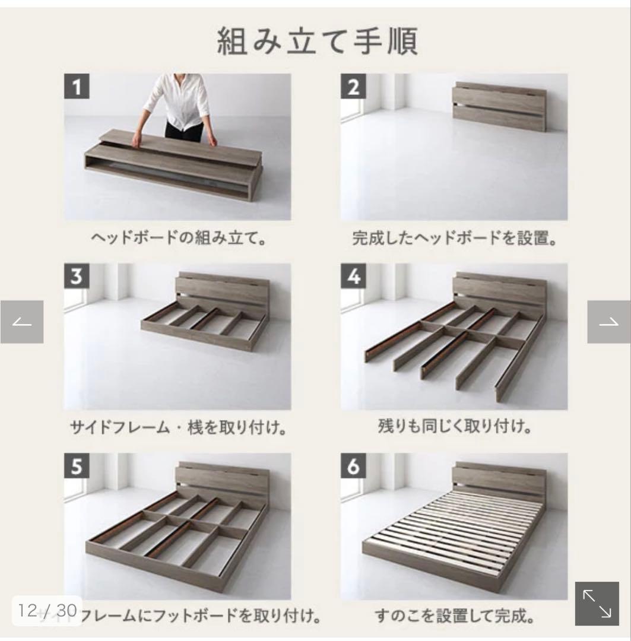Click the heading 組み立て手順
tap(317, 42)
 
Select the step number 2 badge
tap(353, 87)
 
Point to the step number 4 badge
tap(353, 277)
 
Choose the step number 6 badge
tap(353, 467)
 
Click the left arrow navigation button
tap(22, 322)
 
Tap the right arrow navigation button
tap(609, 322)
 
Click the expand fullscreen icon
tap(597, 604)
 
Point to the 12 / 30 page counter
tap(45, 610)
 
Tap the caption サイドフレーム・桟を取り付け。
tap(177, 427)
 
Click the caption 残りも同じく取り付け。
tap(454, 426)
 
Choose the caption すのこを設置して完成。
tap(454, 616)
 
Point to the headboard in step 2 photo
tap(499, 107)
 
